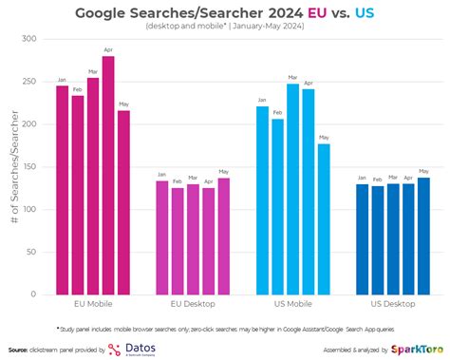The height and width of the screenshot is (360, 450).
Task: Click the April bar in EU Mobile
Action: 108,176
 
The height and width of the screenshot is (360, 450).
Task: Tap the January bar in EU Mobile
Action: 62,190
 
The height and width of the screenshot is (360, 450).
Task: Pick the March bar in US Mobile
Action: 293,189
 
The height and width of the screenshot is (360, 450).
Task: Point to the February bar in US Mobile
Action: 277,206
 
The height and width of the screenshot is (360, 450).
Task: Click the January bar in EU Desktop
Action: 161,237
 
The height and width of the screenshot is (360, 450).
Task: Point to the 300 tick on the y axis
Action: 36,39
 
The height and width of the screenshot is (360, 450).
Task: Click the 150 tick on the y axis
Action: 36,166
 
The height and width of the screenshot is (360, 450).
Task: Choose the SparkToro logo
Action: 414,348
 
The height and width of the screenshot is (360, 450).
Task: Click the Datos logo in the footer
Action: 134,348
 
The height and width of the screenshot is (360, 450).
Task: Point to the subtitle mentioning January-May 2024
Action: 225,27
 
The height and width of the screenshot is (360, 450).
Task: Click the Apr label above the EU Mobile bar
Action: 108,50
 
